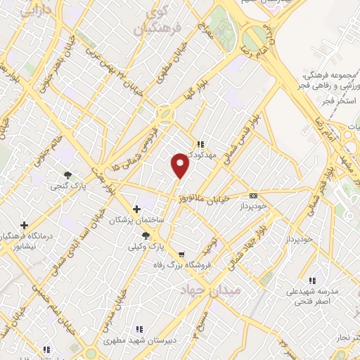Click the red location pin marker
(x=181, y=165)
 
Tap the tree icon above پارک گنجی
(x=67, y=174)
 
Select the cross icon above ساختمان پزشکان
(x=137, y=209)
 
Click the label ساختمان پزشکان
(x=136, y=220)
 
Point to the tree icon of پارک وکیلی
(x=146, y=236)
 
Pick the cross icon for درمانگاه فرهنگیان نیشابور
(x=25, y=225)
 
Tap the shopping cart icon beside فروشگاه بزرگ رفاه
(x=183, y=254)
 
